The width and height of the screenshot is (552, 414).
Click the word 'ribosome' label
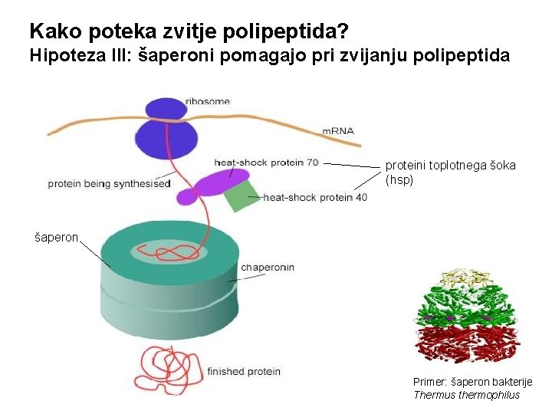click(x=207, y=102)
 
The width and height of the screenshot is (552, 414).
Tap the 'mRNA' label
click(x=338, y=130)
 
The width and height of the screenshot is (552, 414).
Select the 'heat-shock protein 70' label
click(x=266, y=162)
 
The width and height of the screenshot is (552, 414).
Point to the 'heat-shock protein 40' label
click(x=315, y=197)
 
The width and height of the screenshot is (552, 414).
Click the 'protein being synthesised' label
click(x=109, y=184)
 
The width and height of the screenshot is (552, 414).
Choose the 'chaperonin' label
click(x=268, y=268)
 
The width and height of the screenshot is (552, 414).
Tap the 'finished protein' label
click(x=244, y=371)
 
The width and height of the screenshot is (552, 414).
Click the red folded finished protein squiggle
click(x=163, y=369)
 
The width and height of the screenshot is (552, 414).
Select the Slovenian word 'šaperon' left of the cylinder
click(x=57, y=238)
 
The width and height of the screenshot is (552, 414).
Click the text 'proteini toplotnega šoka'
click(x=450, y=166)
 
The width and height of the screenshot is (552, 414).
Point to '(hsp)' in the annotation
click(x=399, y=179)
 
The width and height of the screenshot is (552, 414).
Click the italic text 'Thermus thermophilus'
click(x=466, y=395)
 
